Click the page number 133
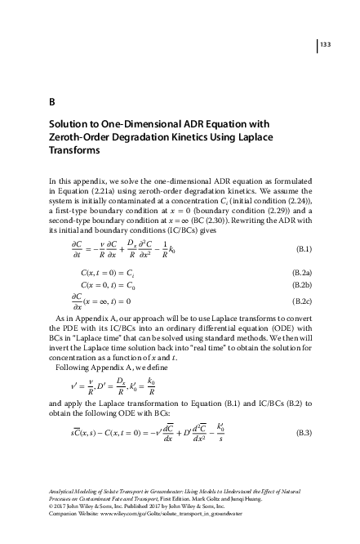click(325, 43)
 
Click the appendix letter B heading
click(51, 102)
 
